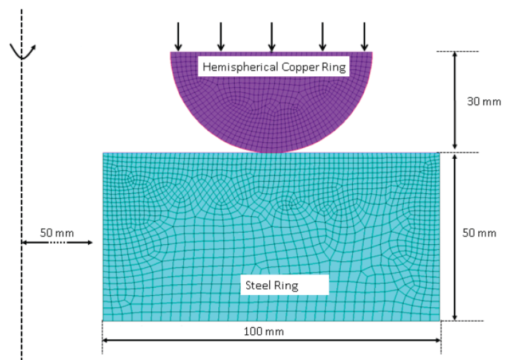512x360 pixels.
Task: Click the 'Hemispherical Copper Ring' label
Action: point(274,67)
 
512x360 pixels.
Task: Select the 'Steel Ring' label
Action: point(271,285)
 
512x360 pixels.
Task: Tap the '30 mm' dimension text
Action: point(484,101)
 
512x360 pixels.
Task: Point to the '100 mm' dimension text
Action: point(264,331)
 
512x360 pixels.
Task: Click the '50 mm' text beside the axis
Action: point(57,233)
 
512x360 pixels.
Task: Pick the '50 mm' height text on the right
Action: point(479,233)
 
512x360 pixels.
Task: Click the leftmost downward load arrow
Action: point(178,37)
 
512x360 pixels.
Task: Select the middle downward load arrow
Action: point(271,37)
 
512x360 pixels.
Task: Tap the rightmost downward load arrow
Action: point(364,37)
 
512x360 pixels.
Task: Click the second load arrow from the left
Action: point(220,37)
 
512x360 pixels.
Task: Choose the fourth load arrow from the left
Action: point(322,37)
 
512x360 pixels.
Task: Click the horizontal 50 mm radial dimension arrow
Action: point(57,242)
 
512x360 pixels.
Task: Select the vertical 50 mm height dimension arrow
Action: point(455,237)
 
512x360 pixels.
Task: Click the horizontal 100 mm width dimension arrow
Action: point(271,340)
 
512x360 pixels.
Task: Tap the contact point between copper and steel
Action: point(271,152)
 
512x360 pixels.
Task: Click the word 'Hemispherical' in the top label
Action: point(241,67)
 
